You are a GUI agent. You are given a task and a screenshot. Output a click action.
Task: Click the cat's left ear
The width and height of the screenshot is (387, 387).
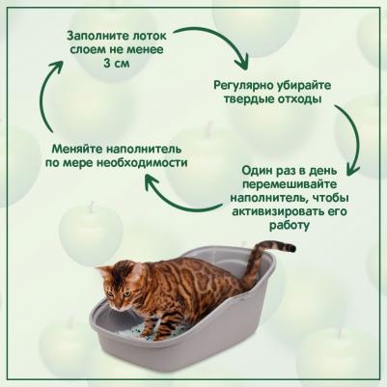(x=104, y=269)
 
